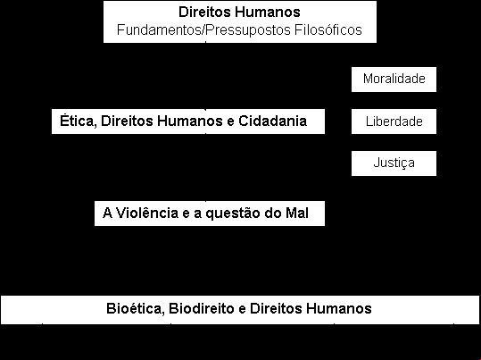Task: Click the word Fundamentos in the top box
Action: click(x=160, y=30)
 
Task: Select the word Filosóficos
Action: click(x=328, y=29)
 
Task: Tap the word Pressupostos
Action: click(x=249, y=30)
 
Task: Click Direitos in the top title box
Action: click(x=204, y=12)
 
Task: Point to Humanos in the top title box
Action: click(x=267, y=12)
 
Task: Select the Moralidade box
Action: click(x=394, y=80)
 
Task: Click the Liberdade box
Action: click(x=394, y=121)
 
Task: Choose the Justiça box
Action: click(x=394, y=163)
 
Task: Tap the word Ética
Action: click(x=79, y=121)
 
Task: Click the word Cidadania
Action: click(x=273, y=121)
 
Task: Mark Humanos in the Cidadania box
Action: click(x=189, y=121)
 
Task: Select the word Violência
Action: click(x=147, y=213)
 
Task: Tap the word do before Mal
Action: click(x=273, y=213)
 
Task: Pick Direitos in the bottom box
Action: click(x=276, y=308)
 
